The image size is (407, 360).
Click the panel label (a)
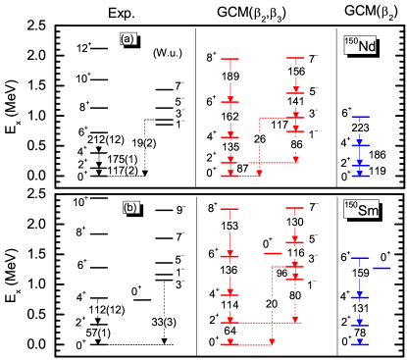pyautogui.click(x=127, y=39)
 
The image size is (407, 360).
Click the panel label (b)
pyautogui.click(x=130, y=208)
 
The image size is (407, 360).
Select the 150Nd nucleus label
pyautogui.click(x=360, y=45)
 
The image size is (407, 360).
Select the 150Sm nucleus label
pyautogui.click(x=361, y=209)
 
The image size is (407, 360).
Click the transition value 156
pyautogui.click(x=296, y=72)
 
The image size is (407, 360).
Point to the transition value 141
pyautogui.click(x=296, y=101)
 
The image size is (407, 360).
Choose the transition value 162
pyautogui.click(x=230, y=117)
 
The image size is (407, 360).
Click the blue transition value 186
pyautogui.click(x=376, y=155)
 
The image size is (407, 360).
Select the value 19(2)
pyautogui.click(x=143, y=143)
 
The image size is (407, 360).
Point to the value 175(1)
pyautogui.click(x=123, y=159)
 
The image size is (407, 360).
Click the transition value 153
pyautogui.click(x=230, y=227)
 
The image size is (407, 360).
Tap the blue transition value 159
pyautogui.click(x=361, y=274)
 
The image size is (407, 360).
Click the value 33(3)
pyautogui.click(x=164, y=323)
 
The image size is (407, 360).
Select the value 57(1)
pyautogui.click(x=99, y=334)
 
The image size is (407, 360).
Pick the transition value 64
pyautogui.click(x=230, y=332)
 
